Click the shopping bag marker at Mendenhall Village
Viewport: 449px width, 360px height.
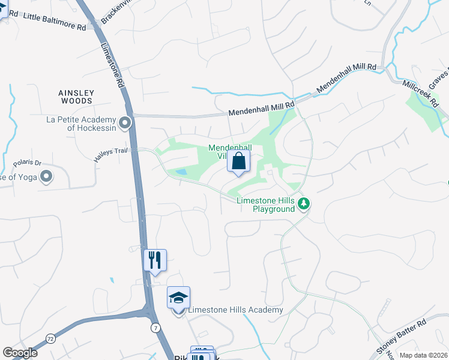[x=239, y=161]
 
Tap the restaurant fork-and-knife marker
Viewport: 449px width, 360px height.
[x=155, y=260]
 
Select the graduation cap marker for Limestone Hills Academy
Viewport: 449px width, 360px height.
[x=178, y=298]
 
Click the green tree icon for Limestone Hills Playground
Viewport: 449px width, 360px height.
[x=304, y=204]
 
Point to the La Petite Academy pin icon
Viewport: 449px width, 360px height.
[x=125, y=123]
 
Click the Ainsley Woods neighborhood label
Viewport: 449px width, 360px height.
[x=76, y=97]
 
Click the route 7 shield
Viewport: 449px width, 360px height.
[x=155, y=327]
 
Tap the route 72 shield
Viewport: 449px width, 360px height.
[x=50, y=339]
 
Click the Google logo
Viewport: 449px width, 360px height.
[x=20, y=353]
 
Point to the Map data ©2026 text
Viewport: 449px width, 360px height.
[x=423, y=355]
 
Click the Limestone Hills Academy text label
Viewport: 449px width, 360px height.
[x=235, y=310]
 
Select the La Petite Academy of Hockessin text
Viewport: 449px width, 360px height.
[x=82, y=123]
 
